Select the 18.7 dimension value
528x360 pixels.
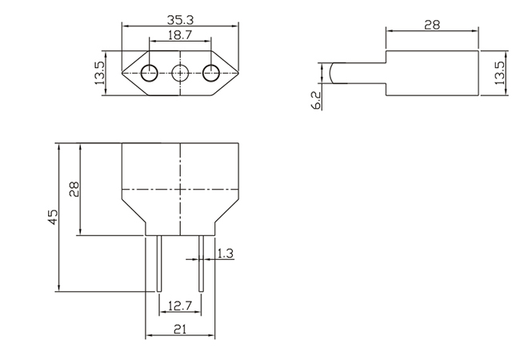180,36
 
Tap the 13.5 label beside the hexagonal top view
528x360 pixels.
99,74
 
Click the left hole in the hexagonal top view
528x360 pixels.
150,74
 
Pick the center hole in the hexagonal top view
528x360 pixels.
180,74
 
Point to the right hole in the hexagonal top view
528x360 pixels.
210,74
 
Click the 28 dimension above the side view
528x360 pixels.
432,25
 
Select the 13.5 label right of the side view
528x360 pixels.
499,74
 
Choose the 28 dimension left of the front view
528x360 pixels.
74,190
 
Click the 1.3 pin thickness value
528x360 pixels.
225,254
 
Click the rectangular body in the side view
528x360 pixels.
432,74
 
